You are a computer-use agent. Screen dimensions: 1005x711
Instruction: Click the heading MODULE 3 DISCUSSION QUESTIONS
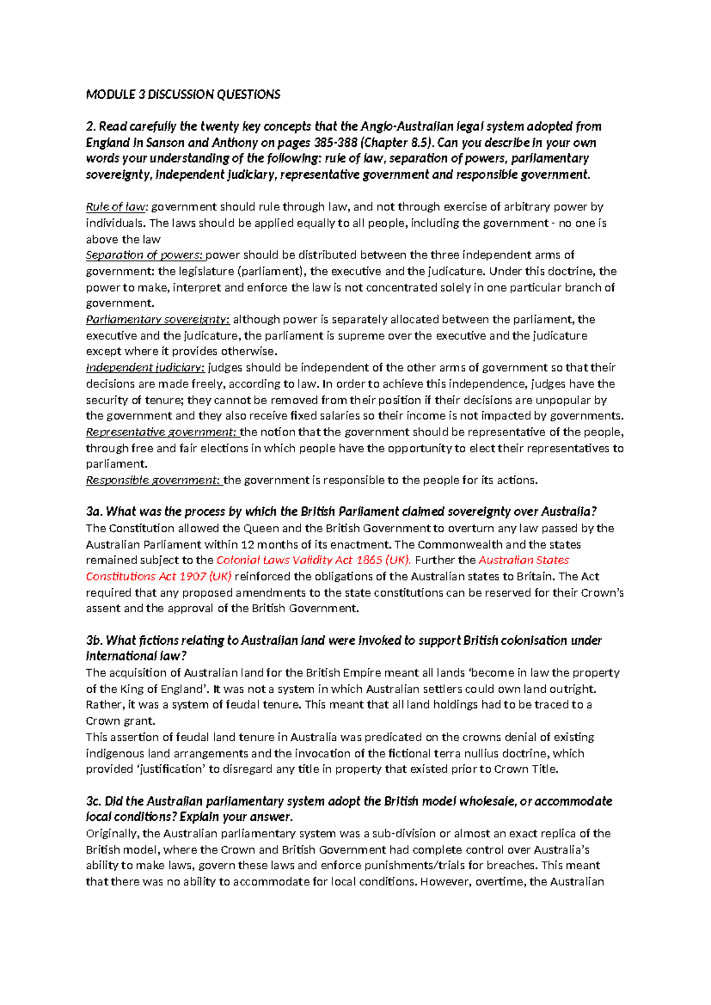pyautogui.click(x=183, y=94)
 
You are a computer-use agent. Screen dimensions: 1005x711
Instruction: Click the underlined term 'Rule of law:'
pyautogui.click(x=117, y=207)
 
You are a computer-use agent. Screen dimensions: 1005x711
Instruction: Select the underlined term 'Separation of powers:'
pyautogui.click(x=145, y=255)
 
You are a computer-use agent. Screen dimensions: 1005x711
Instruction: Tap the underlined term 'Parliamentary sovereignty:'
pyautogui.click(x=158, y=319)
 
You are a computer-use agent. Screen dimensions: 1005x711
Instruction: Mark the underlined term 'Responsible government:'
pyautogui.click(x=153, y=480)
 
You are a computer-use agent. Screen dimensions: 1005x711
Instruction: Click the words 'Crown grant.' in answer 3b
pyautogui.click(x=120, y=721)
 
